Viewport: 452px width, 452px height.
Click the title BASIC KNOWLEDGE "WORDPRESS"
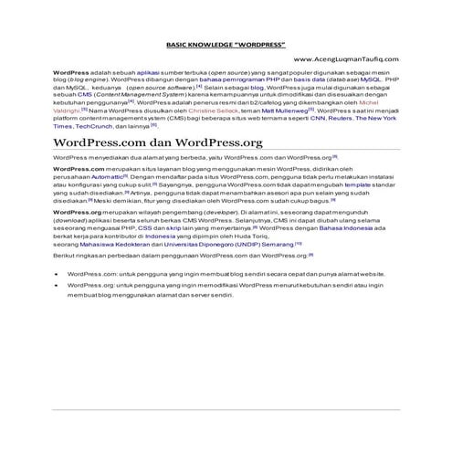(226, 43)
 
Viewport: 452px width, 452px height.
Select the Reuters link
(342, 119)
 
